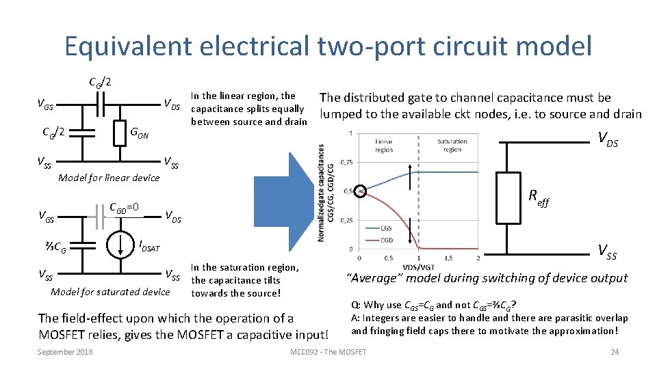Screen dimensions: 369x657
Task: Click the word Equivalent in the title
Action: [x=131, y=46]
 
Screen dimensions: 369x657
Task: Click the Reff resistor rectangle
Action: [x=508, y=198]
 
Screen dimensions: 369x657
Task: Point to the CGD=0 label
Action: [x=125, y=207]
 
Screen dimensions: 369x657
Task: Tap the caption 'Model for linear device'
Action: [x=109, y=178]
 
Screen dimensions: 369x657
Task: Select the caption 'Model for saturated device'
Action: [x=110, y=292]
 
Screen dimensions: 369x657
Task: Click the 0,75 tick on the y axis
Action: [x=346, y=162]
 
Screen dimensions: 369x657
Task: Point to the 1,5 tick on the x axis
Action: [x=448, y=258]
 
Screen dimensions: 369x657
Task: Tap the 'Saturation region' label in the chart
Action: [x=452, y=146]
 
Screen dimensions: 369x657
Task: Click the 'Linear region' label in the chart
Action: [x=384, y=146]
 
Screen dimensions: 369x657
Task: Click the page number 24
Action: [x=614, y=352]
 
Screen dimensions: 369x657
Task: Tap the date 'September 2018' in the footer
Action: [x=65, y=352]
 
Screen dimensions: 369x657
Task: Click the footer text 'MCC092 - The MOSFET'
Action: [x=328, y=352]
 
